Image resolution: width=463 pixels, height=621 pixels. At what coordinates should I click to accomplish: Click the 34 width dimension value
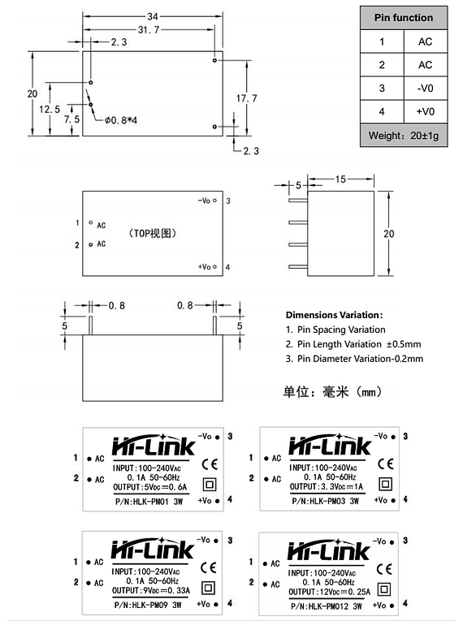[153, 16]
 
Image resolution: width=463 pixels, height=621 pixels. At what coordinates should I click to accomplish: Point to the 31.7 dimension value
[149, 30]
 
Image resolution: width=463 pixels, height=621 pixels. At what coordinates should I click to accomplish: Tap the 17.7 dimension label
[247, 98]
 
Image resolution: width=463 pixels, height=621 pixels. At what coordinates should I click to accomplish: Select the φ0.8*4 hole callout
[121, 120]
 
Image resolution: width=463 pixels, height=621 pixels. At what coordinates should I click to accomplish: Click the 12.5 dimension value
[50, 110]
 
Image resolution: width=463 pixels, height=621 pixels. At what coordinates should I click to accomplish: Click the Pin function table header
[404, 18]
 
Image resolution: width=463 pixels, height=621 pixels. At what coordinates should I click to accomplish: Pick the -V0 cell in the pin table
[426, 88]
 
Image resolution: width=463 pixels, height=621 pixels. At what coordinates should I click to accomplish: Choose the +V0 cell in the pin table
[426, 112]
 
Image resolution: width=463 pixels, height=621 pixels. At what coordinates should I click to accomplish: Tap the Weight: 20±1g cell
[404, 136]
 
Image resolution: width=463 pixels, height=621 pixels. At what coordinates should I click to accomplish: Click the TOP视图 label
[153, 233]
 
